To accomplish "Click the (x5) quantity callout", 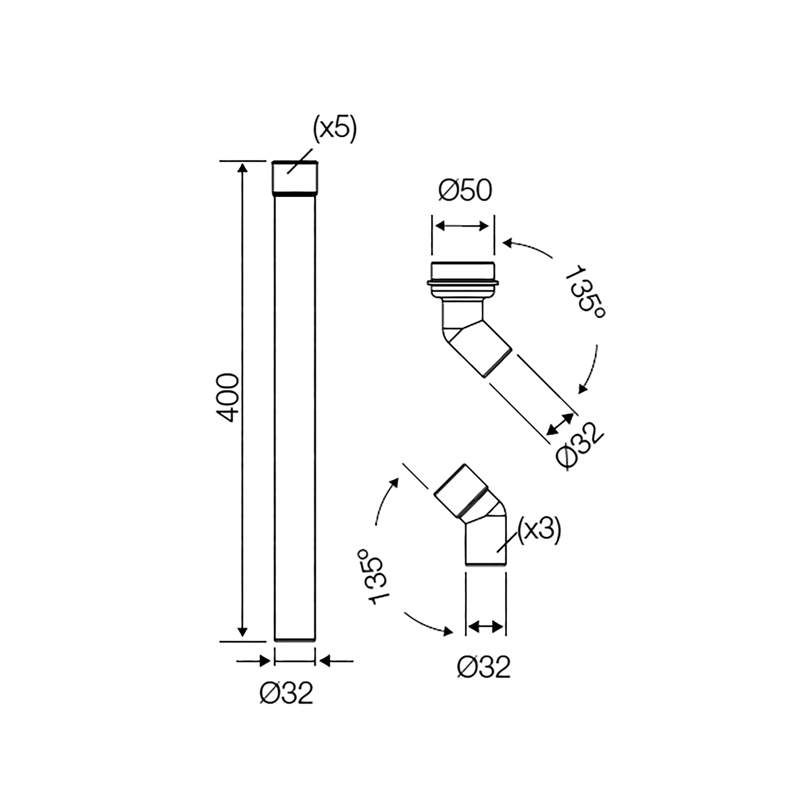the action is [x=335, y=130].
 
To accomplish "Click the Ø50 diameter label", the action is [x=465, y=191].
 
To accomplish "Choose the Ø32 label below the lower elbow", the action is [x=484, y=667].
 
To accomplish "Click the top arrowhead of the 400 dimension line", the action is [x=242, y=168].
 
